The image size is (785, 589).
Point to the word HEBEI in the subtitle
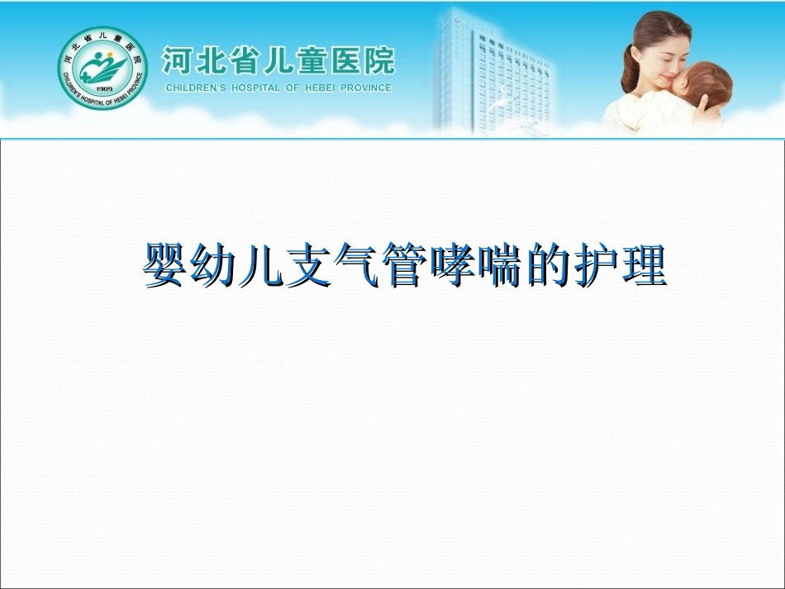(x=325, y=88)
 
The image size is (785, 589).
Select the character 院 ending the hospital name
(x=378, y=60)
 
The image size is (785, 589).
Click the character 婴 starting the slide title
(x=166, y=266)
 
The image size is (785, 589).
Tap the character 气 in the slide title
(x=356, y=266)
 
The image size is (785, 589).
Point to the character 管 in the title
(x=404, y=266)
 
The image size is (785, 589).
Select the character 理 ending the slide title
(x=644, y=266)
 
